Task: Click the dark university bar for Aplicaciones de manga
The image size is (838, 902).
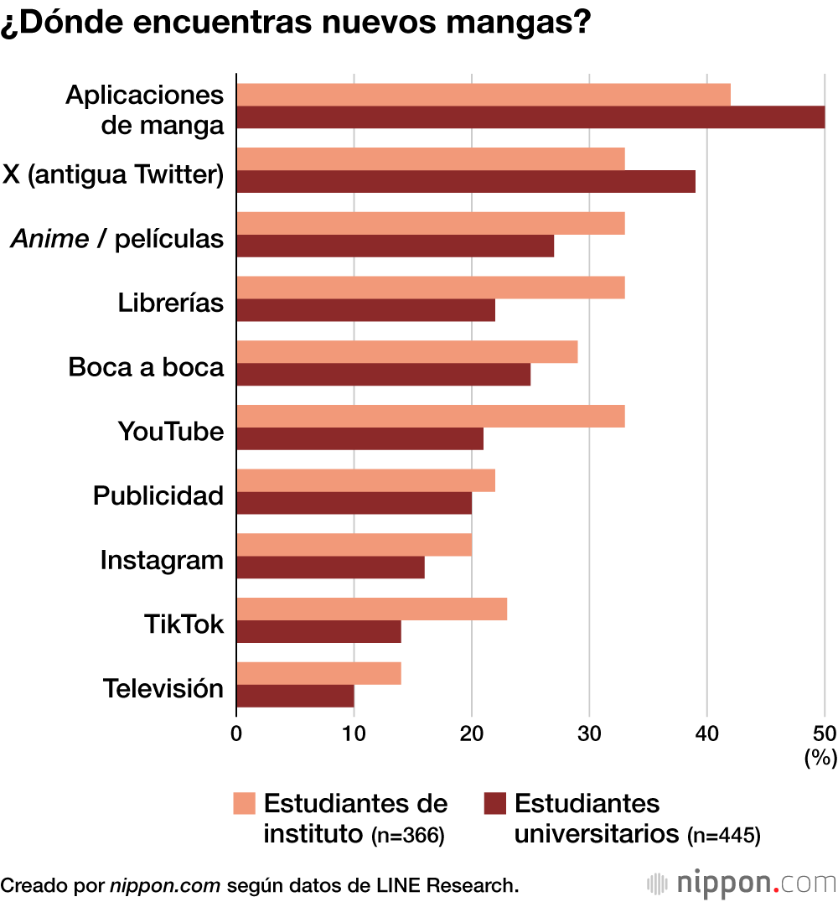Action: click(x=530, y=117)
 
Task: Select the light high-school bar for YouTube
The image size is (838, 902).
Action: click(x=431, y=417)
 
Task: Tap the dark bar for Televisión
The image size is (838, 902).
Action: click(x=295, y=696)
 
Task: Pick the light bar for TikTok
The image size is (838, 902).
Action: click(x=371, y=609)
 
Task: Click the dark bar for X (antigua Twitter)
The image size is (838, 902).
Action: click(x=466, y=182)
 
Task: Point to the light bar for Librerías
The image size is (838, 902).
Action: click(x=431, y=288)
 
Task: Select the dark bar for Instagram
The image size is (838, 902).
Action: click(x=330, y=568)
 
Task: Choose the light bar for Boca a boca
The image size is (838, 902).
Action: click(x=407, y=352)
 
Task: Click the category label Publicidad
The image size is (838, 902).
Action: click(x=158, y=495)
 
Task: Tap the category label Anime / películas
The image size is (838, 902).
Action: click(x=117, y=239)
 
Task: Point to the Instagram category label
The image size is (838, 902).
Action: click(x=162, y=560)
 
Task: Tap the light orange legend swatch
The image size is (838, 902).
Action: click(x=243, y=804)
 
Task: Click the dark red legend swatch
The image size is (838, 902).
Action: click(x=496, y=804)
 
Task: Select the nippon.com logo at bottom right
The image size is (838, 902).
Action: click(x=742, y=883)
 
